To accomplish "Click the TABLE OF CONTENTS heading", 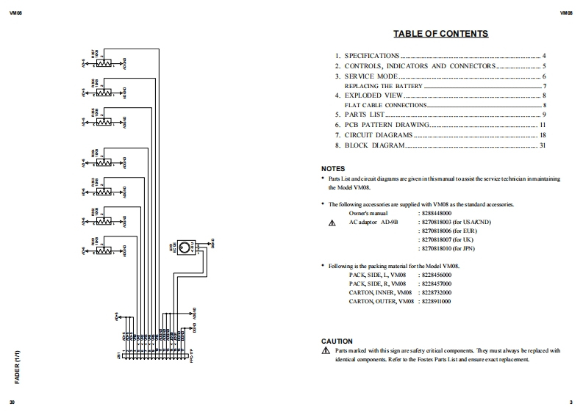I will point(440,34).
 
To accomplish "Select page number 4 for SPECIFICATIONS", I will point(544,56).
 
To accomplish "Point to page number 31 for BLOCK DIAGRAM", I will point(543,145).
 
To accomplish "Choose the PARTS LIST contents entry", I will point(364,115).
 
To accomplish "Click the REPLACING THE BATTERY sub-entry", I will point(383,86).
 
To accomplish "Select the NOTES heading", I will point(332,169).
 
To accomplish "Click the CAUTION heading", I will point(337,341).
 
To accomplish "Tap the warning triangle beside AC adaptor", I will point(332,223).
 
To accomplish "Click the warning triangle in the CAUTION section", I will point(326,351).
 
